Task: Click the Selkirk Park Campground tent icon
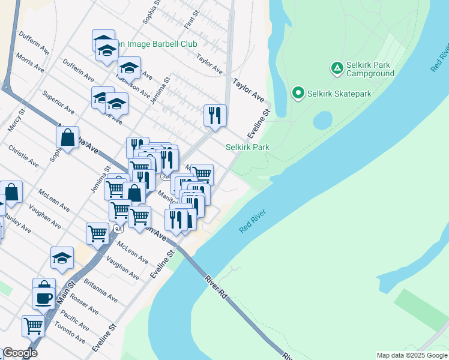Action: point(336,68)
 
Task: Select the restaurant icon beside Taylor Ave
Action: point(215,115)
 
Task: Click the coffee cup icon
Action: point(44,298)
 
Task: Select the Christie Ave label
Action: point(23,155)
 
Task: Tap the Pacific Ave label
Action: point(74,319)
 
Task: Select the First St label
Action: point(190,23)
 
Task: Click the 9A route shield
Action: point(118,229)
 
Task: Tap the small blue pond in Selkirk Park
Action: point(322,120)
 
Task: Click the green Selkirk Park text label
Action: point(247,147)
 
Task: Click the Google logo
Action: point(20,353)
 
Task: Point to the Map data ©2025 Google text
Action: point(411,355)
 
